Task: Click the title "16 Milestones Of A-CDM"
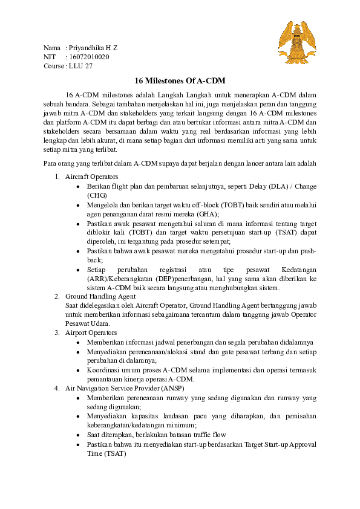(x=180, y=80)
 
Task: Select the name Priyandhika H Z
(x=93, y=48)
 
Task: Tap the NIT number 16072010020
(x=89, y=57)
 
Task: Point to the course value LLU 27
(x=80, y=66)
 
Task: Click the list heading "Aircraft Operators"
(x=91, y=177)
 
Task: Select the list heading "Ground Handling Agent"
(x=100, y=297)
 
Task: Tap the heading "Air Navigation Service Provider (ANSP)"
(x=125, y=387)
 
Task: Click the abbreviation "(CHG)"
(x=97, y=195)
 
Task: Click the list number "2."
(x=56, y=297)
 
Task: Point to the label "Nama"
(x=52, y=48)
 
